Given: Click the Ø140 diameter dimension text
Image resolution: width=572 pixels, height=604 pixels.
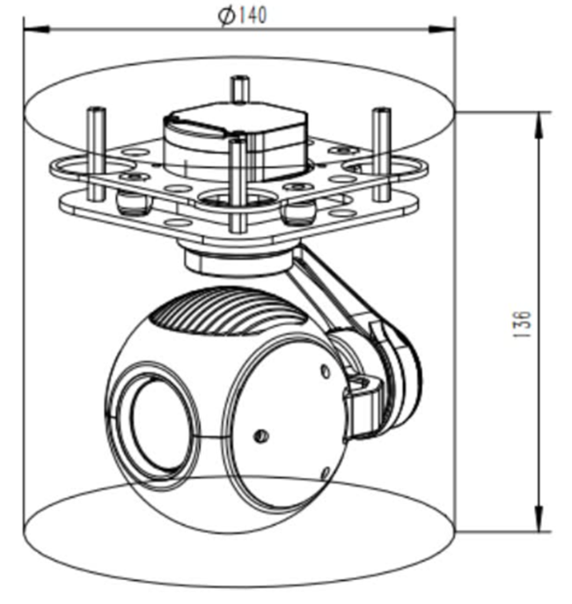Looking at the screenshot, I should (x=241, y=16).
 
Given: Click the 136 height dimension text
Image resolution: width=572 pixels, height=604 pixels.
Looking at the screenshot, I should (x=521, y=321).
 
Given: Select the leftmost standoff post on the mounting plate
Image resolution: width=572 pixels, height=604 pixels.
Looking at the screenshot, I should (x=92, y=145).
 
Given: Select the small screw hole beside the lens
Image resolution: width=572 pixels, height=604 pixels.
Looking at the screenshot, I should (x=260, y=436).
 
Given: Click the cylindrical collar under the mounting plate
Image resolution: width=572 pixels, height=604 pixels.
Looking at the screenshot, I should (x=233, y=258).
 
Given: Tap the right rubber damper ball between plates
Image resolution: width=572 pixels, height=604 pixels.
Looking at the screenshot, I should (x=299, y=211).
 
